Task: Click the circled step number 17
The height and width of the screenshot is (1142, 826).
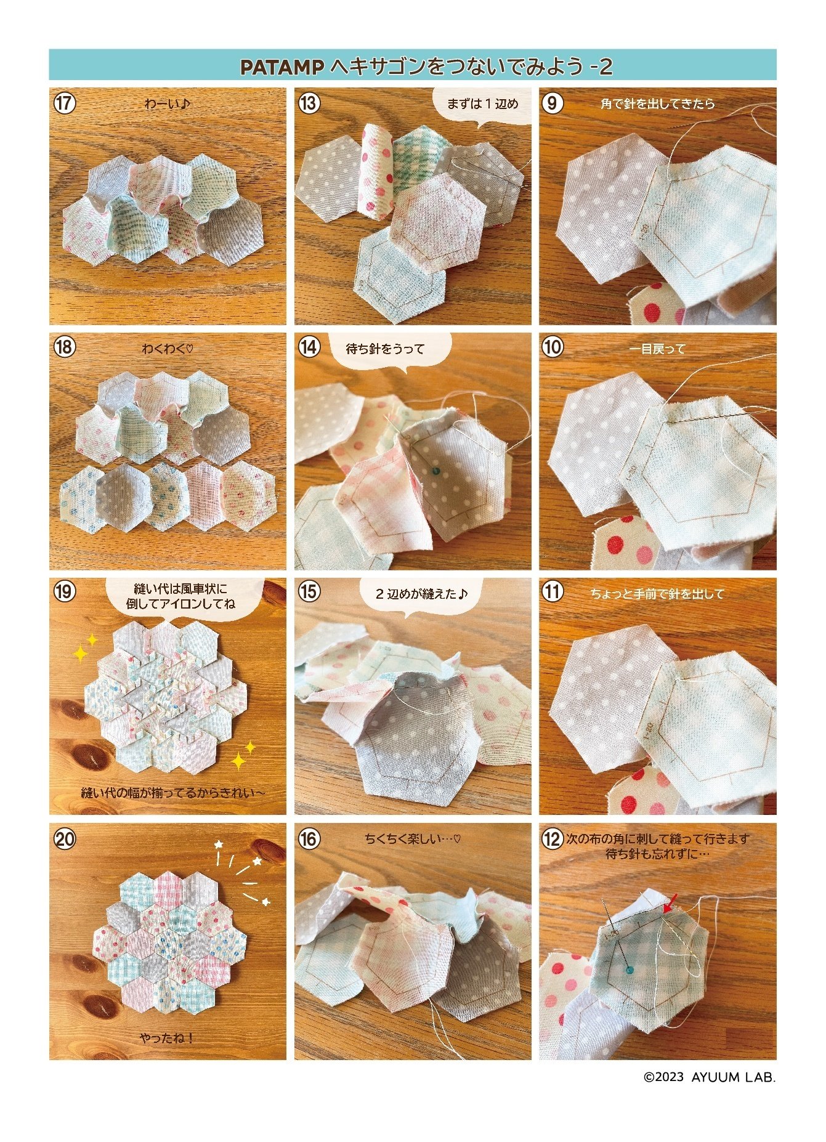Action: pos(63,103)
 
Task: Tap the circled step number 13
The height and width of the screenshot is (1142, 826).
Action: pos(309,103)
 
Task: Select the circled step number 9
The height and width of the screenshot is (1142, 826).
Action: pos(553,103)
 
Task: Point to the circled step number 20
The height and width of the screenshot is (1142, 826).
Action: pos(64,838)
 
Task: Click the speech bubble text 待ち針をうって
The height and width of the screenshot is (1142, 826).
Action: pos(386,349)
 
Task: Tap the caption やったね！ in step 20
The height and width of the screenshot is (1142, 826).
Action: pos(167,1037)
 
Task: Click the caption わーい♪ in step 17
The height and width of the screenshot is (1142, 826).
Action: pos(168,103)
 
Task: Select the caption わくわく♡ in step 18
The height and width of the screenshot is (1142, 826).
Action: pos(168,349)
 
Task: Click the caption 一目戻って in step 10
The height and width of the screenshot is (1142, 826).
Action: pos(657,349)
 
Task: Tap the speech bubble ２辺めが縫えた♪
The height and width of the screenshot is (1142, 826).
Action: pos(422,594)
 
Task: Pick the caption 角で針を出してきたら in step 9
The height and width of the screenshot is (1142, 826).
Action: pos(657,103)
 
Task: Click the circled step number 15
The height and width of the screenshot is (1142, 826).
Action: pos(309,592)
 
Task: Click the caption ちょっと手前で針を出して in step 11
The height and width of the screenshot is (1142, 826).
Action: pos(657,594)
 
